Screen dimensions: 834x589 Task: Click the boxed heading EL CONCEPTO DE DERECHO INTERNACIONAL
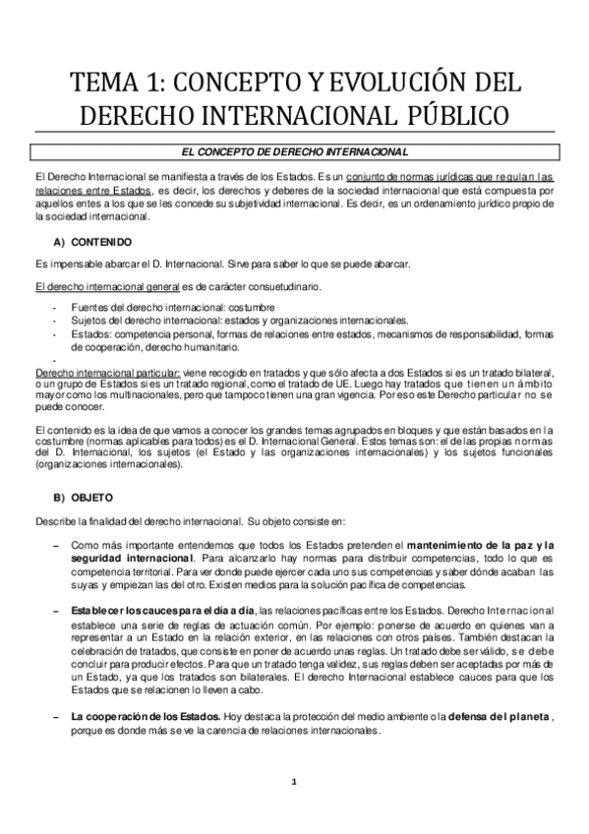click(295, 151)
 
